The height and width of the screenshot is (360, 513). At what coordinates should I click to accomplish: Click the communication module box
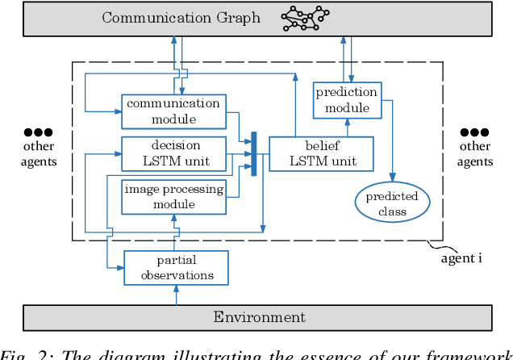pos(173,111)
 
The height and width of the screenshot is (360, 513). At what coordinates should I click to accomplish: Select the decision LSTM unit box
pos(173,153)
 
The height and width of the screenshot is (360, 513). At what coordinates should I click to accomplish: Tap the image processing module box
pos(173,197)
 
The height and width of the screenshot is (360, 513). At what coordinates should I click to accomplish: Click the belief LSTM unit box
pos(322,153)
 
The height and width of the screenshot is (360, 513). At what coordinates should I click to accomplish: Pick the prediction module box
pos(346,100)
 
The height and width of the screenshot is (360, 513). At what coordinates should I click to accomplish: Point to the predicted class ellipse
pos(392,204)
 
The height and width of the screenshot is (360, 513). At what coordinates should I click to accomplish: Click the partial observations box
pos(175,267)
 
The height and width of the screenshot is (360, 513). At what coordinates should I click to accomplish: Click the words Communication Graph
pos(181,18)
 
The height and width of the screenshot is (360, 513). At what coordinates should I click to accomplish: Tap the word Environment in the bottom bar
pos(259,316)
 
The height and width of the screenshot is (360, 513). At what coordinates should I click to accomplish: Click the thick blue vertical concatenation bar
pos(253,153)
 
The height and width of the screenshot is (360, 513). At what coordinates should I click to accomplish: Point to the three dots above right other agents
pos(474,132)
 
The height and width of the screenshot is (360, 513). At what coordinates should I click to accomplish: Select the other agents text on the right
pos(474,153)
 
